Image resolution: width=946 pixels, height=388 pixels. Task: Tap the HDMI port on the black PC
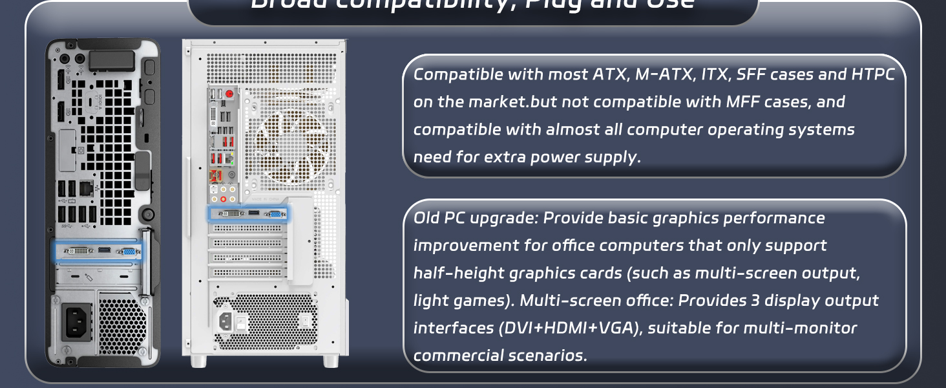pyautogui.click(x=103, y=250)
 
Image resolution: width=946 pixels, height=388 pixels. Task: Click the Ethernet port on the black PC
pyautogui.click(x=85, y=188)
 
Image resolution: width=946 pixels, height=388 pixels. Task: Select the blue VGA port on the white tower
pyautogui.click(x=274, y=213)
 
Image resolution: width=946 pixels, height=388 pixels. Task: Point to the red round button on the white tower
pyautogui.click(x=229, y=94)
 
